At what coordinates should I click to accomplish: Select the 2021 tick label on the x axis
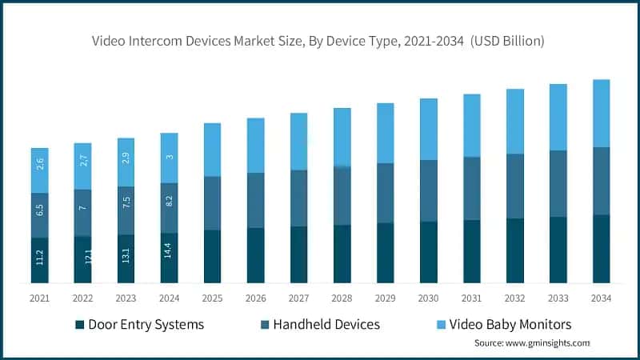pos(40,298)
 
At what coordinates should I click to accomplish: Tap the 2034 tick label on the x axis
pos(601,298)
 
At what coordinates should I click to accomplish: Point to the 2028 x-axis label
pos(342,298)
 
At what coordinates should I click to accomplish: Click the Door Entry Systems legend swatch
pos(79,325)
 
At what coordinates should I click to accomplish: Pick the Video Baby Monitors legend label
pos(512,325)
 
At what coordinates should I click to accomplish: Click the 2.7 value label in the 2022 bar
pos(83,166)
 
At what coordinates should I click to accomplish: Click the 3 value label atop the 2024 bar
pos(170,158)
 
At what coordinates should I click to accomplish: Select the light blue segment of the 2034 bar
pos(601,113)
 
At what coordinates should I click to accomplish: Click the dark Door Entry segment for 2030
pos(428,252)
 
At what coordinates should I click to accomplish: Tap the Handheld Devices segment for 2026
pos(255,200)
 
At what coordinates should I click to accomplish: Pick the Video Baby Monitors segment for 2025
pos(212,150)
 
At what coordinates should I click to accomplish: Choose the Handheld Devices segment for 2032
pos(514,186)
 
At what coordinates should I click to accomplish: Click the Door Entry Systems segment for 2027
pos(298,254)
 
